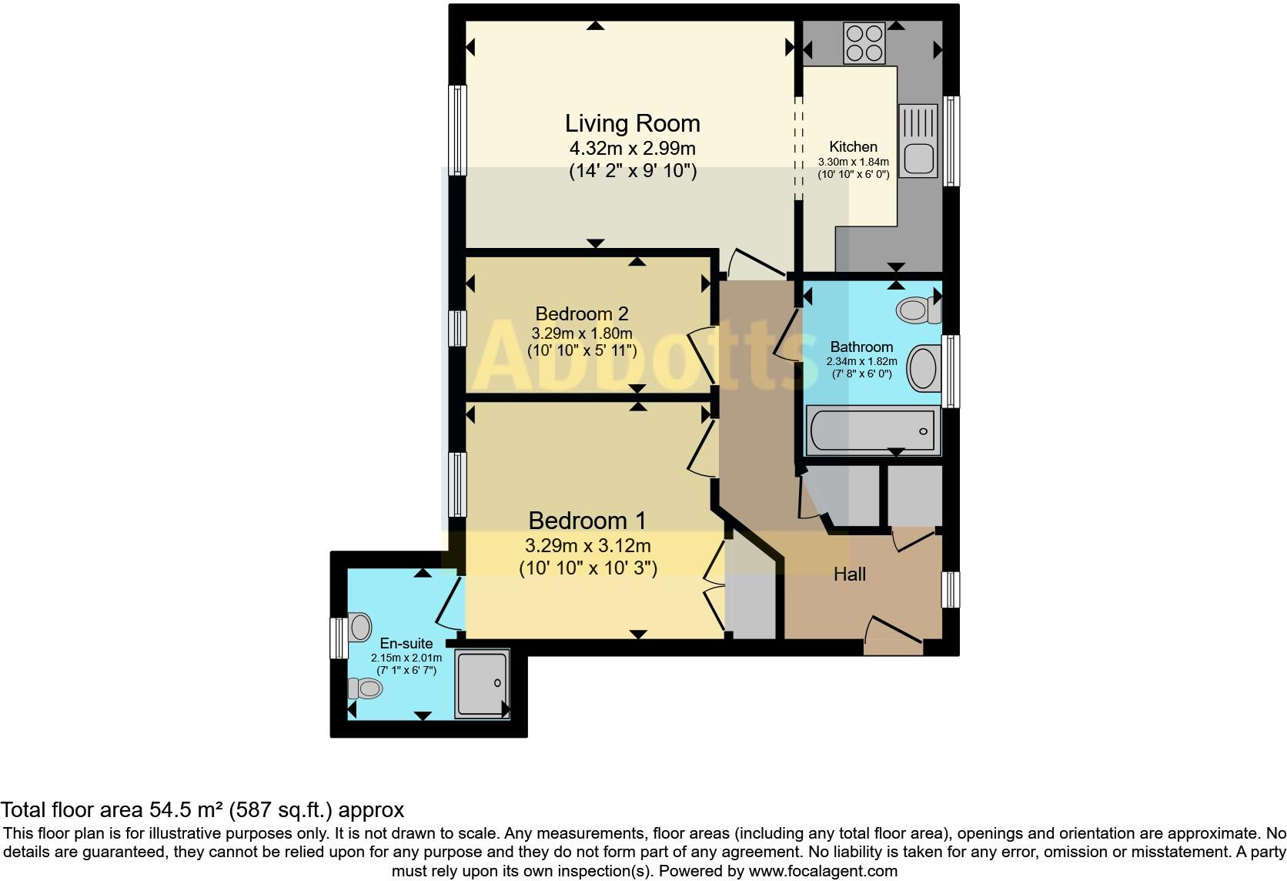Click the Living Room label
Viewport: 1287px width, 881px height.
[632, 123]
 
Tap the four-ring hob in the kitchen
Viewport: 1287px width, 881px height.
[864, 43]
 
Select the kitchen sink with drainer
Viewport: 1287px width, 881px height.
[918, 141]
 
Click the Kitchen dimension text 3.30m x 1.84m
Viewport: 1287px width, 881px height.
[853, 162]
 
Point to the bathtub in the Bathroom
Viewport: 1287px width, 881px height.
[873, 431]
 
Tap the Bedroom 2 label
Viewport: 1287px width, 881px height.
[582, 314]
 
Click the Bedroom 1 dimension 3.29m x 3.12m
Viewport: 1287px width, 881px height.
[588, 547]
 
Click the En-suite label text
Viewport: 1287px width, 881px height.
[406, 643]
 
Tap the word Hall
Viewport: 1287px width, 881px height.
[850, 574]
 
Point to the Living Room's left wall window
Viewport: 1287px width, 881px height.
[457, 129]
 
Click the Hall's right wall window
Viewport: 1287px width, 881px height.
[951, 589]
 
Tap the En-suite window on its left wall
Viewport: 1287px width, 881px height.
[339, 638]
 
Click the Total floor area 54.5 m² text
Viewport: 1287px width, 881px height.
[202, 810]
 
